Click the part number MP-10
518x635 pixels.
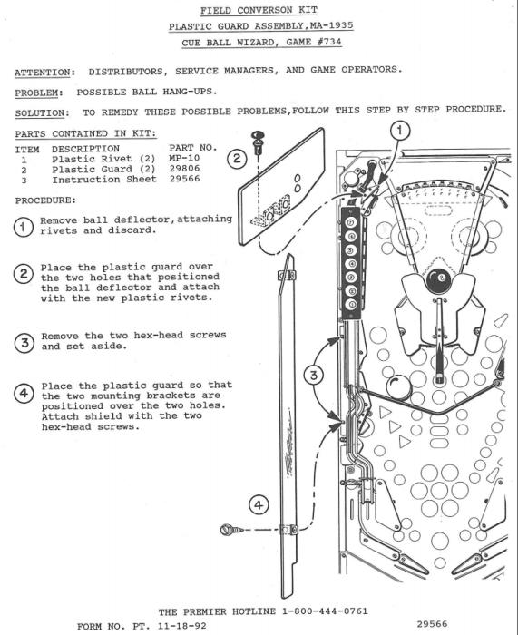click(x=184, y=158)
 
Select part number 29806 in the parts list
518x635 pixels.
click(x=184, y=168)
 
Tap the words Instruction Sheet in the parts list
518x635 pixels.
click(x=104, y=180)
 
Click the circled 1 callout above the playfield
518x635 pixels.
click(x=400, y=131)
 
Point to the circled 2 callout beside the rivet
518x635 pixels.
click(x=237, y=159)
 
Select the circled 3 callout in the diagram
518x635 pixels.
click(x=314, y=376)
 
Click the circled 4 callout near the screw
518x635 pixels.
click(x=259, y=505)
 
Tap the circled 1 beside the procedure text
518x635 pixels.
click(x=24, y=227)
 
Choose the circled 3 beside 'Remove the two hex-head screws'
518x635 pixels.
click(x=24, y=343)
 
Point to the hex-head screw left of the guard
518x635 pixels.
click(x=231, y=529)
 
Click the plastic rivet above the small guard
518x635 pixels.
click(x=257, y=142)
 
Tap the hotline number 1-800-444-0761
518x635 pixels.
click(x=325, y=611)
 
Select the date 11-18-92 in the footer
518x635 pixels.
click(x=181, y=626)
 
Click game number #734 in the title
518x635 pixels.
click(x=329, y=42)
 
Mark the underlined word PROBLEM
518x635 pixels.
click(x=36, y=93)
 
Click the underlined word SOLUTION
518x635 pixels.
click(x=39, y=113)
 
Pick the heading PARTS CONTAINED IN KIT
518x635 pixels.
click(x=85, y=133)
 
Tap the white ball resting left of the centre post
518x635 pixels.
click(x=398, y=387)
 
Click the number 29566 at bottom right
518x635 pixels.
click(x=432, y=624)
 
